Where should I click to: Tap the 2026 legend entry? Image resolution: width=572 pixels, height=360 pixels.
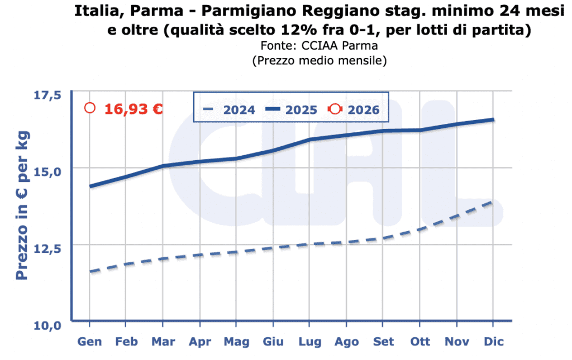pos(354,110)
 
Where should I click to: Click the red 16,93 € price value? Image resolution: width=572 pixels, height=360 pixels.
pos(134,109)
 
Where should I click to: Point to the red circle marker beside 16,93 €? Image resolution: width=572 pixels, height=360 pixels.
pos(90,108)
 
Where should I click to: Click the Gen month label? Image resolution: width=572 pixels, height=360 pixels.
pos(89,342)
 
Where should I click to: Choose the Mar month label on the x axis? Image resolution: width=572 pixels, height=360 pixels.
pos(163,342)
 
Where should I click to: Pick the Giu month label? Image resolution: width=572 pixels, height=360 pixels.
pos(273,342)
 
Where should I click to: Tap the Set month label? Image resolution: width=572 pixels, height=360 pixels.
pos(383,342)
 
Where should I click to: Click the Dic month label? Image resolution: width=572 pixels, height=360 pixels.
pos(493,342)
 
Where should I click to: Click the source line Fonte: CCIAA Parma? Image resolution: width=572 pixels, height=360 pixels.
pos(320,46)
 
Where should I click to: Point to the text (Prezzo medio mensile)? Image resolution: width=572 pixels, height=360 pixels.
pos(320,60)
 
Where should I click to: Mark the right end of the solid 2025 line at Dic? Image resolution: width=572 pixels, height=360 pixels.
pos(493,119)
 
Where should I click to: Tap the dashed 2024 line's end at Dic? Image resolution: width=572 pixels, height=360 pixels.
pos(493,201)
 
